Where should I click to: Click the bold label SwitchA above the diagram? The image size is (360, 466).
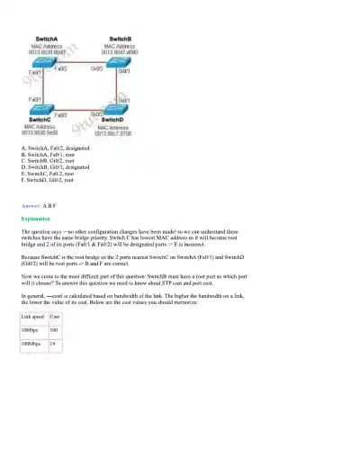point(46,40)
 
